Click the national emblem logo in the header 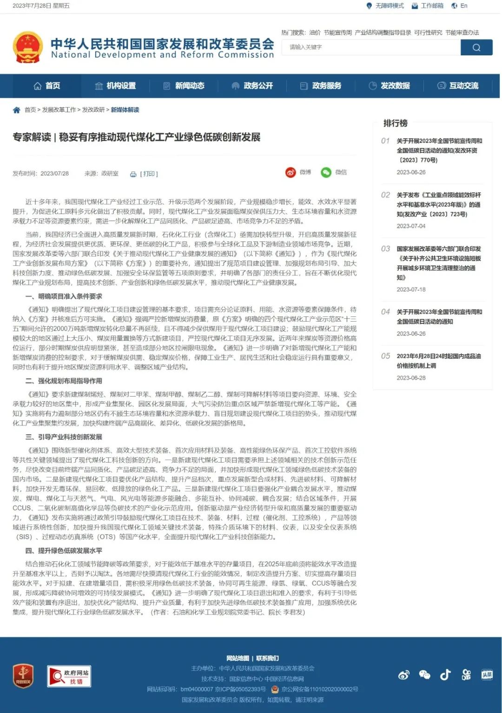(x=28, y=47)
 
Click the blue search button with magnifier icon (x=476, y=47)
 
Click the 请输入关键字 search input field (x=371, y=47)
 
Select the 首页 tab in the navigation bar (x=47, y=86)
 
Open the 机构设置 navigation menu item (x=115, y=86)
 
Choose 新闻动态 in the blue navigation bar (x=184, y=86)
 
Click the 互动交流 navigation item (x=458, y=86)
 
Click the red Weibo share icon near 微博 (x=291, y=173)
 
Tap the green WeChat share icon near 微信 (x=326, y=173)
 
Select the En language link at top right (x=463, y=6)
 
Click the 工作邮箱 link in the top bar (x=432, y=6)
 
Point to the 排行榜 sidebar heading (x=395, y=123)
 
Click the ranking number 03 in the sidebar (x=385, y=249)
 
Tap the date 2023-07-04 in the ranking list (x=411, y=226)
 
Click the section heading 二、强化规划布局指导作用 (x=64, y=381)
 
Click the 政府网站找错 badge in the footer (x=69, y=676)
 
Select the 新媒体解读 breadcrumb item (x=125, y=110)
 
